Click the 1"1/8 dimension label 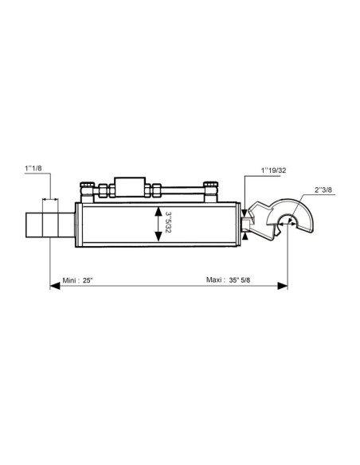click(33, 169)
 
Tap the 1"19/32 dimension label click(273, 170)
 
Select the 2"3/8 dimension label click(323, 190)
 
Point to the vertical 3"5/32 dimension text click(168, 222)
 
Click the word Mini click(69, 280)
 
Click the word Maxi click(213, 280)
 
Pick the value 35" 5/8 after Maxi click(240, 280)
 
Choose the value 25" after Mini click(88, 280)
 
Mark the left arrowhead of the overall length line click(55, 286)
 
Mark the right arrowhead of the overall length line click(282, 286)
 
